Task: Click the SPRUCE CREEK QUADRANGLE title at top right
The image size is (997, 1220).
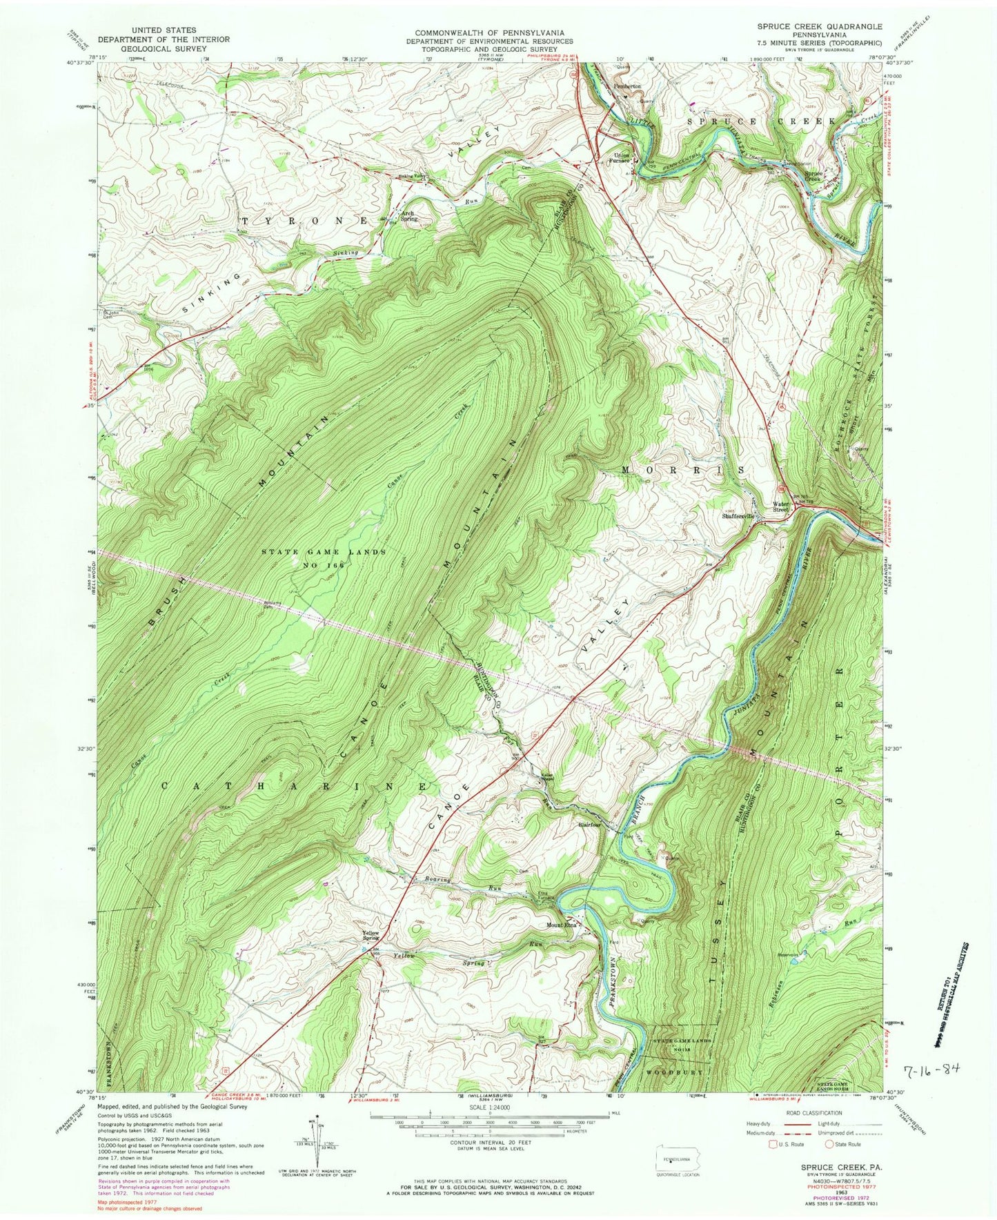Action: coord(818,26)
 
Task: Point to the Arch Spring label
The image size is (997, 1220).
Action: coord(407,218)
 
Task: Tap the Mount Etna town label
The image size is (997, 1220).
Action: coord(561,925)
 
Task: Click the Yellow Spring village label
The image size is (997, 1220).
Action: coord(371,936)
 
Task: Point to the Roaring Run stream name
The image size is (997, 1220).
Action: coord(448,881)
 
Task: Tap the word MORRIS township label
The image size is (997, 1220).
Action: coord(682,470)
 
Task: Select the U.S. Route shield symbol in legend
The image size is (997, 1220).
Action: coord(773,1144)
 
